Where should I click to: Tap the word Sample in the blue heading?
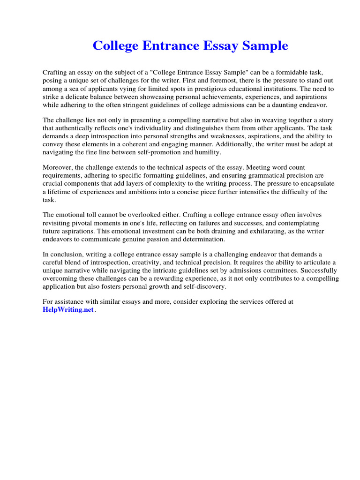[265, 46]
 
